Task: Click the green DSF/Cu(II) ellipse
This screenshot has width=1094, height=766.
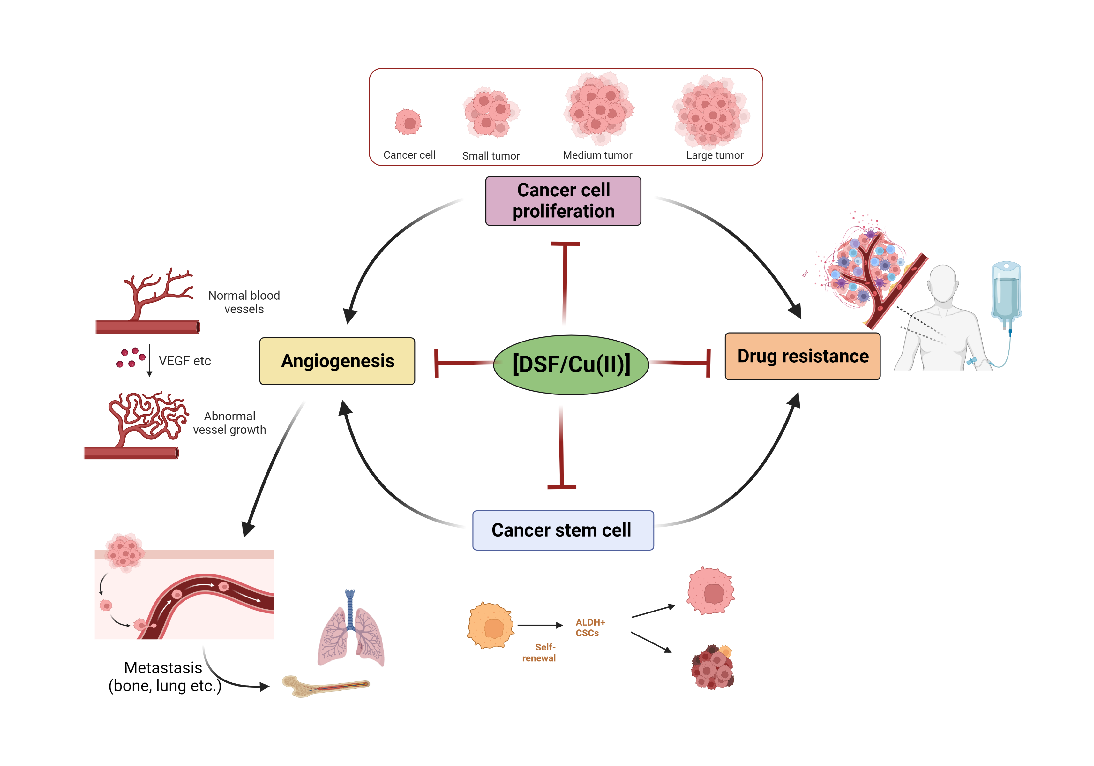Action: click(x=571, y=365)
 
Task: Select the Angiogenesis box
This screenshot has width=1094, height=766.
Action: click(x=337, y=361)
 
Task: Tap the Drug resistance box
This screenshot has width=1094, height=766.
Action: click(x=802, y=357)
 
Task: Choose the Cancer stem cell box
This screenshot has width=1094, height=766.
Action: click(x=563, y=530)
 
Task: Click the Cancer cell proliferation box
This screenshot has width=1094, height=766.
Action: click(x=563, y=201)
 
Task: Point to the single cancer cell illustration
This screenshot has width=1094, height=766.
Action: click(x=408, y=122)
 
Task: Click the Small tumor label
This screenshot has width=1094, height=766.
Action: click(x=491, y=156)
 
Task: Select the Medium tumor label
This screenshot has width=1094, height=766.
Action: click(x=597, y=155)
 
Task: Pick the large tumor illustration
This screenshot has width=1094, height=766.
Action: click(x=710, y=112)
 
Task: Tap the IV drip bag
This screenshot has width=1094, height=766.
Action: click(x=1006, y=291)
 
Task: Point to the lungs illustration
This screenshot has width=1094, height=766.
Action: click(x=351, y=632)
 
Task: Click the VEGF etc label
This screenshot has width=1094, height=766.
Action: click(x=184, y=361)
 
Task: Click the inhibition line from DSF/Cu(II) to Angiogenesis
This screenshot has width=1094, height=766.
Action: click(x=465, y=363)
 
